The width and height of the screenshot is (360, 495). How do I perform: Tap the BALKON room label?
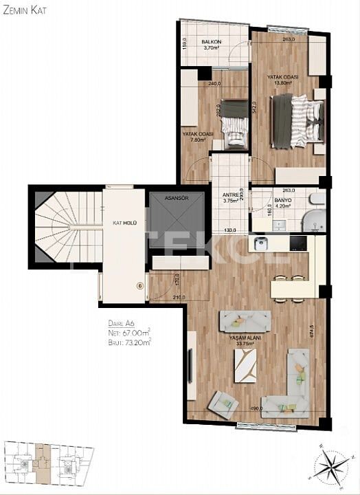tap(210, 43)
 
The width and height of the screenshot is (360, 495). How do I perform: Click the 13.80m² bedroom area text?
tap(282, 83)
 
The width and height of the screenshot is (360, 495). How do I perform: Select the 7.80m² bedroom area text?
tap(199, 140)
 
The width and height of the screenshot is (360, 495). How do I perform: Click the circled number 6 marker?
tap(139, 286)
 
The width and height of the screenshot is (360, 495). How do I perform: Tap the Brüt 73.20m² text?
tap(129, 340)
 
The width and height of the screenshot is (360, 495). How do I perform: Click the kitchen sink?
tap(260, 243)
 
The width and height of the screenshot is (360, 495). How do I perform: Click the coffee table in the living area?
tap(245, 366)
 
